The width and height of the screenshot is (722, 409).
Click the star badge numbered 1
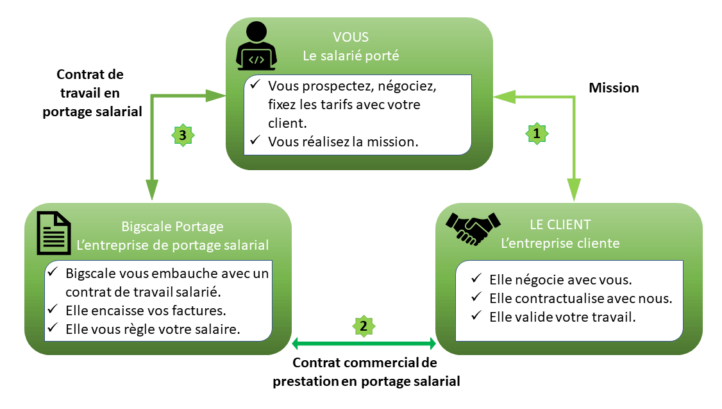[537, 133]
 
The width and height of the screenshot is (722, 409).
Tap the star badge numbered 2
[364, 326]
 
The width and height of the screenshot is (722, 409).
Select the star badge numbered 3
[183, 135]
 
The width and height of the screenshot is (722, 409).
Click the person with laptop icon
[255, 46]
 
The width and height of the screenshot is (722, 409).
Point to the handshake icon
[473, 229]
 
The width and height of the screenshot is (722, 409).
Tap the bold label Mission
[614, 88]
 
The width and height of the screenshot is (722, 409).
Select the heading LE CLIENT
[560, 225]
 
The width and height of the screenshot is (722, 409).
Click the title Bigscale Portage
[172, 227]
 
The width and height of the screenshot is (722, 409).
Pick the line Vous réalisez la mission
[343, 142]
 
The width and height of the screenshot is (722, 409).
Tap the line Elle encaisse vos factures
[146, 311]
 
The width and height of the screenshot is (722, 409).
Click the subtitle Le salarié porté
[351, 56]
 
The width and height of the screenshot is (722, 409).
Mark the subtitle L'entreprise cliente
[560, 243]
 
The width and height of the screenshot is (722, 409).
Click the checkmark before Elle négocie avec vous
[475, 279]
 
